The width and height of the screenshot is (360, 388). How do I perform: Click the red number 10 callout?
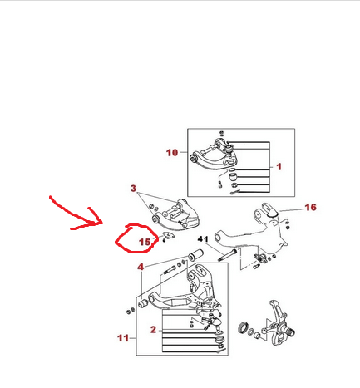point(171,152)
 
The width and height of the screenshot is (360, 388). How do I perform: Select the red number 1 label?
point(279,166)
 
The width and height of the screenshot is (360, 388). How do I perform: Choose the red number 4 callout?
point(141,267)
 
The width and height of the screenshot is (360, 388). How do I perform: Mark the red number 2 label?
point(153,330)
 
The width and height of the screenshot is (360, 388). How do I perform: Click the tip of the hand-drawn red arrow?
point(101,223)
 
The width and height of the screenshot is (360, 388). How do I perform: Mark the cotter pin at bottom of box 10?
point(236,193)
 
